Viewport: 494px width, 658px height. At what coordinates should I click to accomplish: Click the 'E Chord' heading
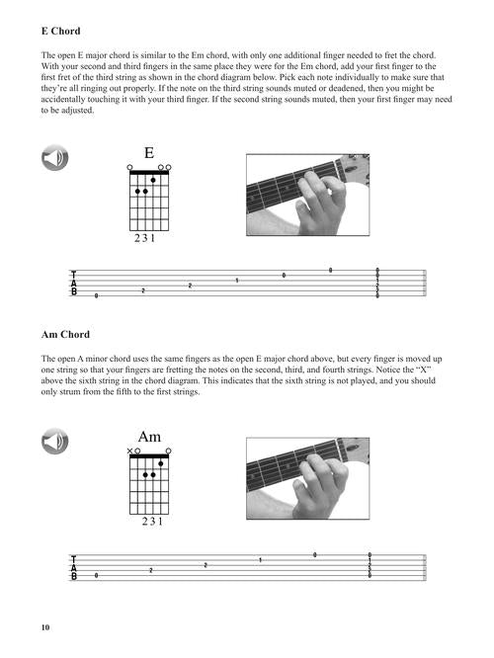(x=61, y=31)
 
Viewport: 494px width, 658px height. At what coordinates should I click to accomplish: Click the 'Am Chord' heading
(x=65, y=335)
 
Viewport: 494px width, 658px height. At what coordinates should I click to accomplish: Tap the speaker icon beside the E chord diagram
(x=55, y=158)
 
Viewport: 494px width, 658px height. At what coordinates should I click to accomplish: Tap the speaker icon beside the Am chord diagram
(x=55, y=441)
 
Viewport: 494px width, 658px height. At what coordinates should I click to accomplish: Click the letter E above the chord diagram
(x=149, y=153)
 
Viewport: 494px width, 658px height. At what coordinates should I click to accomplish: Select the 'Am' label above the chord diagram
(x=149, y=437)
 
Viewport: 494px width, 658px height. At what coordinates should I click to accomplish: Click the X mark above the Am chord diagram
(x=129, y=452)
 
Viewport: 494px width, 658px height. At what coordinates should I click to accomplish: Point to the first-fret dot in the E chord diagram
(x=153, y=180)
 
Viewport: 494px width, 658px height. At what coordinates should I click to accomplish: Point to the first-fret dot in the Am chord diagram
(x=161, y=463)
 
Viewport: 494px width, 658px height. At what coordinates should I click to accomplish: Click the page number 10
(x=45, y=627)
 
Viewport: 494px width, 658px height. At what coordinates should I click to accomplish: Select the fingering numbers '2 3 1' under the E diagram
(x=145, y=238)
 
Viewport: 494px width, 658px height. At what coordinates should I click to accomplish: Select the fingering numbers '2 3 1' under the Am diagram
(x=152, y=522)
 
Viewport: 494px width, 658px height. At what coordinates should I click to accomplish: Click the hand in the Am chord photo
(x=320, y=487)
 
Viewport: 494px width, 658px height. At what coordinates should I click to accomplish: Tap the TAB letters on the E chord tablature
(x=74, y=284)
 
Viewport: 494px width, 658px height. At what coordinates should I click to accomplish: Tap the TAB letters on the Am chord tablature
(x=74, y=567)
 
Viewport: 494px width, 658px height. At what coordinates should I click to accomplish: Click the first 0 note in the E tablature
(x=96, y=295)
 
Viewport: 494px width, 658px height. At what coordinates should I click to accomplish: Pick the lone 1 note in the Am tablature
(x=260, y=560)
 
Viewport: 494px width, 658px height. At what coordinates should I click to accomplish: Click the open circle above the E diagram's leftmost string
(x=129, y=167)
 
